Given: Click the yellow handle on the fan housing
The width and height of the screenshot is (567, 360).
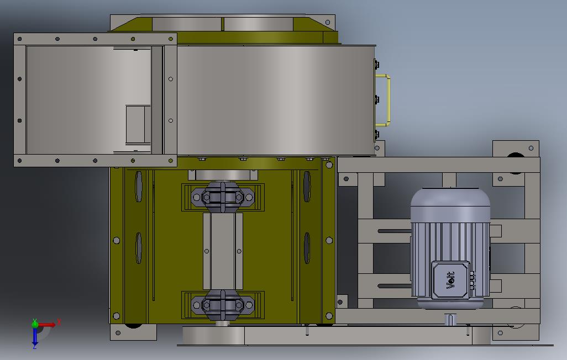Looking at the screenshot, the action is point(389,99).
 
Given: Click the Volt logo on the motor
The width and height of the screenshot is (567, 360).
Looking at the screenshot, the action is point(451,280).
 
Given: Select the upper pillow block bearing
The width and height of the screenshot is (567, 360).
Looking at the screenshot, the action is point(222,197).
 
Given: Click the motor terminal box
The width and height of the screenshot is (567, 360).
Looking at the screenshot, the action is point(451,280).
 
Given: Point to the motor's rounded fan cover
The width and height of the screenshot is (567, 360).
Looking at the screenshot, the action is point(450,205).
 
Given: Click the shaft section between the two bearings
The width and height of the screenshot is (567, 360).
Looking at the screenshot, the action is point(223,251).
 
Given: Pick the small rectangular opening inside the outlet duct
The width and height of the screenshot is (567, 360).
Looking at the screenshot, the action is point(138,124).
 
